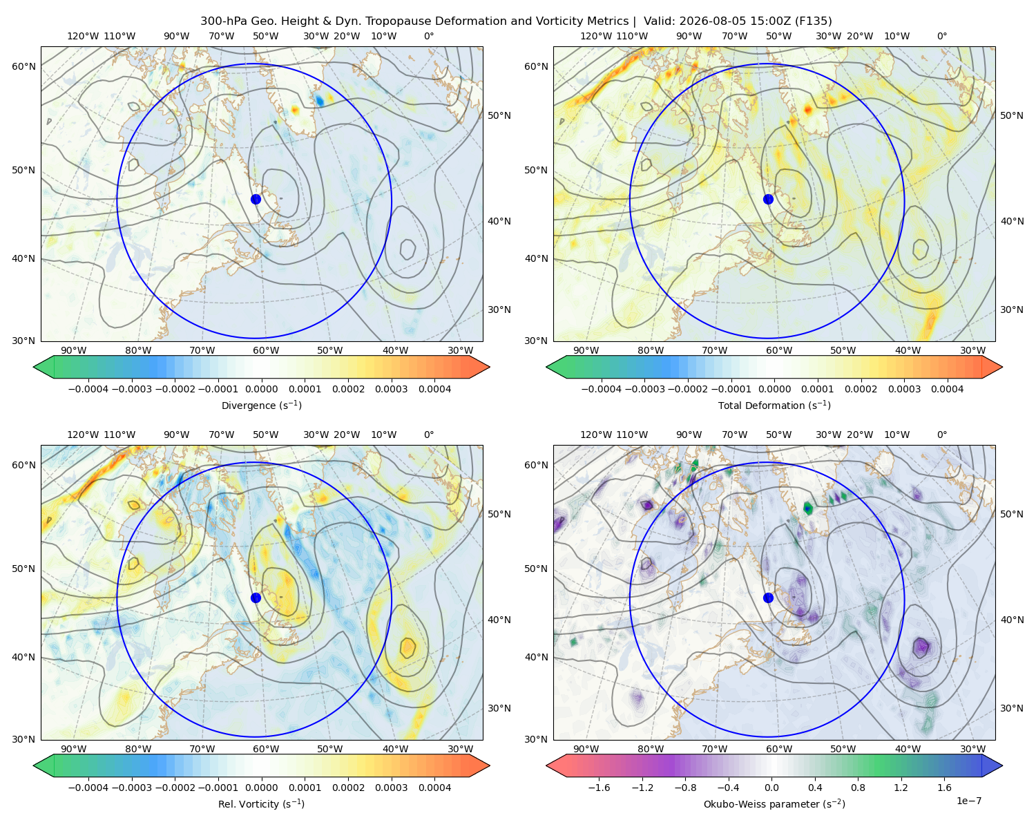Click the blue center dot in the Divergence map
pos(256,199)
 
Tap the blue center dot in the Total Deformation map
pos(768,199)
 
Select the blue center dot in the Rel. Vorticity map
pos(256,598)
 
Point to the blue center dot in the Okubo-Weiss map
pos(768,598)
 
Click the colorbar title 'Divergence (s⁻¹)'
pos(261,405)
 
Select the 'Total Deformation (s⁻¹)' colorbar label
pos(774,405)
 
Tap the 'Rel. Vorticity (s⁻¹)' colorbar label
pos(261,804)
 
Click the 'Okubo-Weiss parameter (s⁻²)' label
pos(774,804)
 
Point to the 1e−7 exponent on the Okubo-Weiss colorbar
pos(968,801)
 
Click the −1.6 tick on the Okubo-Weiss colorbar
pos(599,788)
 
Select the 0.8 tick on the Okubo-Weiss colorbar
pos(858,788)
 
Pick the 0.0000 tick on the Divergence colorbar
pos(261,389)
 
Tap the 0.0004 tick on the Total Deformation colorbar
pos(948,389)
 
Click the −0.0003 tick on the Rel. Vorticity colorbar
pos(131,788)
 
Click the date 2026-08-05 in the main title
pos(698,21)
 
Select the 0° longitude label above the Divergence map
pos(429,36)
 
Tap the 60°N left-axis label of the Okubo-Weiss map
pos(536,465)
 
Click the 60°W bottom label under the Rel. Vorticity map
pos(266,749)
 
